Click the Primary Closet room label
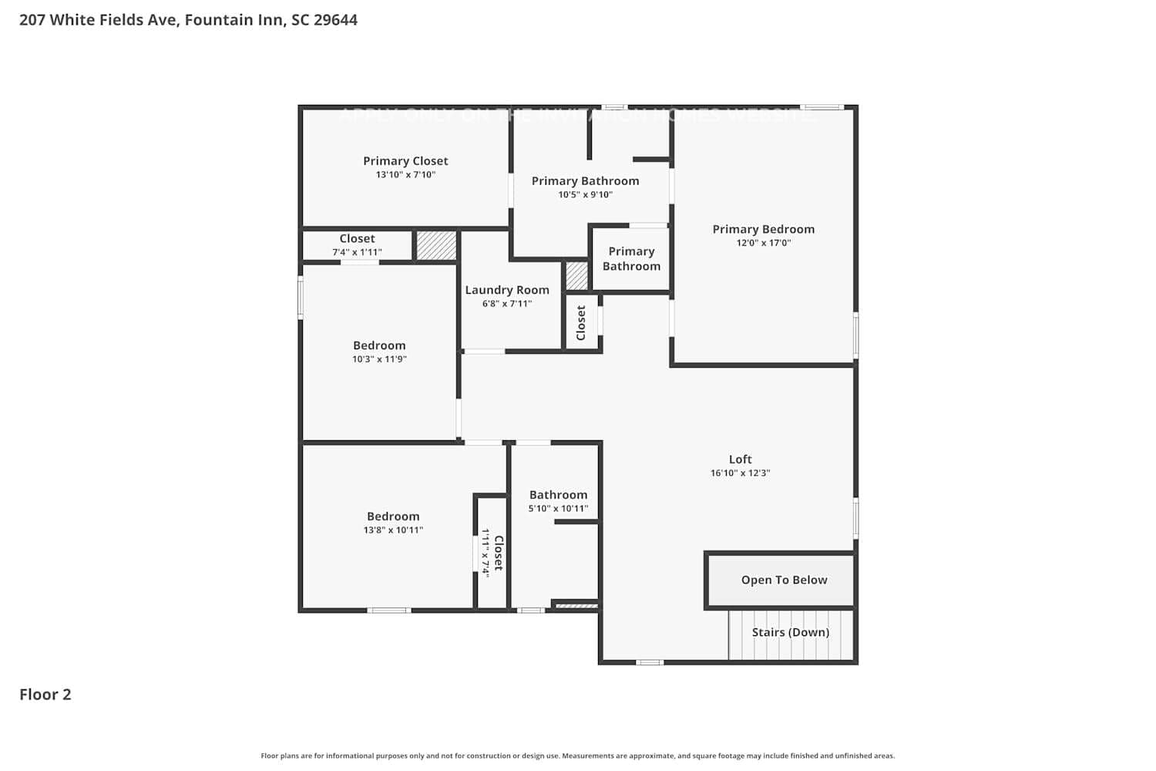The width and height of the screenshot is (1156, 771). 405,161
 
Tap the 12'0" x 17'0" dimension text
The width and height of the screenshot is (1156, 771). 763,243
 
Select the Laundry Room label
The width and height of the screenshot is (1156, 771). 507,290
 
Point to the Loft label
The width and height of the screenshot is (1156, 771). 740,459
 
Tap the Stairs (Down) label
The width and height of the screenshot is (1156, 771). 791,632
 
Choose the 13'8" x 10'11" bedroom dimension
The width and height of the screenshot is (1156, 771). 393,530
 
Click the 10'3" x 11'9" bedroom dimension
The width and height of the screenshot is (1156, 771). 379,359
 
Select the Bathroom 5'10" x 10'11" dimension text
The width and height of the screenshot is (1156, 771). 558,509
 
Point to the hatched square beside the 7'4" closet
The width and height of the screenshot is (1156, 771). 436,245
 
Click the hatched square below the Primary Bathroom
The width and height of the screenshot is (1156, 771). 576,276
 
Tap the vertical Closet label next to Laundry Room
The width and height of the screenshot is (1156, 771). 581,322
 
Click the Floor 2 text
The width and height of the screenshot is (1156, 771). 45,695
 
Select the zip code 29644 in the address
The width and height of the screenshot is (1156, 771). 335,20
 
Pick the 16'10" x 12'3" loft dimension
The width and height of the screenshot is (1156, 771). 740,473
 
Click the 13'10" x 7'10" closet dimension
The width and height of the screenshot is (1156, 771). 405,175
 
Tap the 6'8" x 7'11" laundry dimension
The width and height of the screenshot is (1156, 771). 507,304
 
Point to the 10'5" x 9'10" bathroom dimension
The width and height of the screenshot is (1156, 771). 585,195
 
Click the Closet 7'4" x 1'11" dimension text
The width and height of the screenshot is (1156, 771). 357,253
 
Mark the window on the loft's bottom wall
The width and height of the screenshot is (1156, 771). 649,662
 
